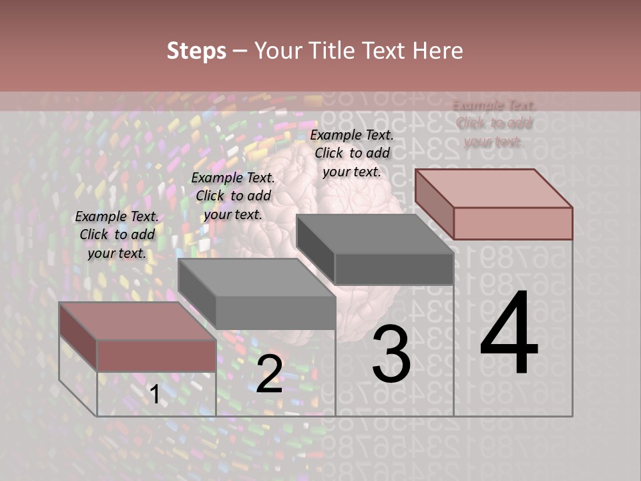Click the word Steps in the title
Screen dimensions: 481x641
tap(196, 51)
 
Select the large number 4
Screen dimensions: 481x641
tap(509, 334)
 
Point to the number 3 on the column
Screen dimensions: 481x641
tap(391, 354)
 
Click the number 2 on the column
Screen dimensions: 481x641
tap(269, 373)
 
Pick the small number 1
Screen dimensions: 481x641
tap(154, 395)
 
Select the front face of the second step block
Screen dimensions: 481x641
tap(275, 313)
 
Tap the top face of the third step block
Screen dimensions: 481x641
tap(374, 234)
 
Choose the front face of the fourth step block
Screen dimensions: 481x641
tap(513, 223)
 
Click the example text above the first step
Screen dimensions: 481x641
tap(118, 235)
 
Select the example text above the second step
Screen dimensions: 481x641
tap(233, 196)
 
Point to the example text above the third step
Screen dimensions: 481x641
tap(352, 153)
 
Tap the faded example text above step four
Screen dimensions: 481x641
tap(494, 124)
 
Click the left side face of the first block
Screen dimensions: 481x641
tap(78, 337)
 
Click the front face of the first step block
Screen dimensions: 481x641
tap(156, 355)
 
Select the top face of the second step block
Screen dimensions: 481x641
tap(256, 277)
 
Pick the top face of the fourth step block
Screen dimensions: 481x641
tap(494, 188)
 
